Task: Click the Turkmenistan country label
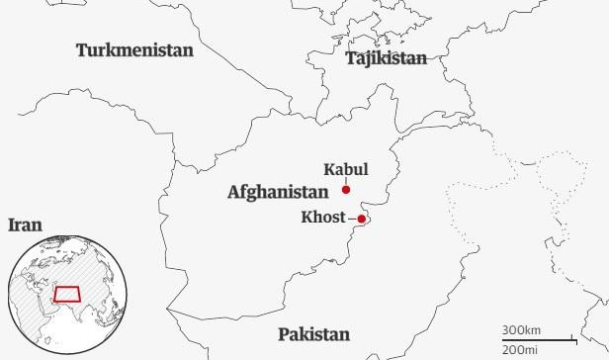(x=135, y=49)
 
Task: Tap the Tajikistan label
(x=386, y=58)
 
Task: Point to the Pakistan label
(x=313, y=334)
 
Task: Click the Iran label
(x=25, y=225)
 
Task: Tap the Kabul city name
(x=345, y=169)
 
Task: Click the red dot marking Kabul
(x=346, y=190)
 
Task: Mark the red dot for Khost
(x=362, y=219)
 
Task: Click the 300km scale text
(x=521, y=329)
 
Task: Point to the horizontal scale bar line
(x=539, y=339)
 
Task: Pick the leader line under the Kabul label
(x=346, y=181)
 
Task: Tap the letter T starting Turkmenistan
(x=82, y=49)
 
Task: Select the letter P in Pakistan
(x=284, y=334)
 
